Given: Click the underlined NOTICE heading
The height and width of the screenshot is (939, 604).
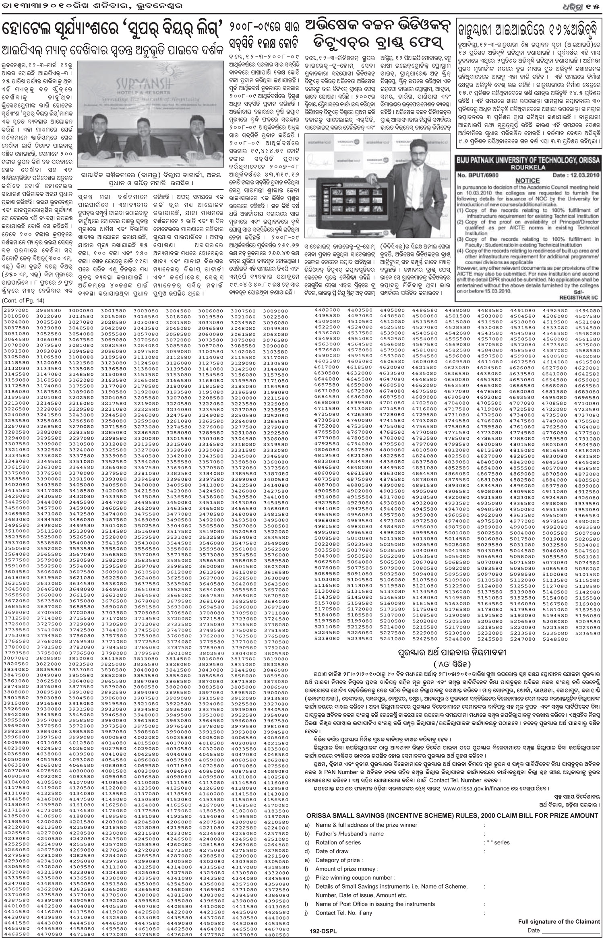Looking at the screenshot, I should [x=527, y=181].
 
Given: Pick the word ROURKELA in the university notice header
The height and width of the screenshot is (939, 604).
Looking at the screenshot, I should [x=528, y=166].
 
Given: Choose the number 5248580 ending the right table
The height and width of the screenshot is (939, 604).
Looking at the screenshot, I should [x=555, y=639].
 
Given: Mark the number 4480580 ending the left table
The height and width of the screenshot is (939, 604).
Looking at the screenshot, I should [x=276, y=933].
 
